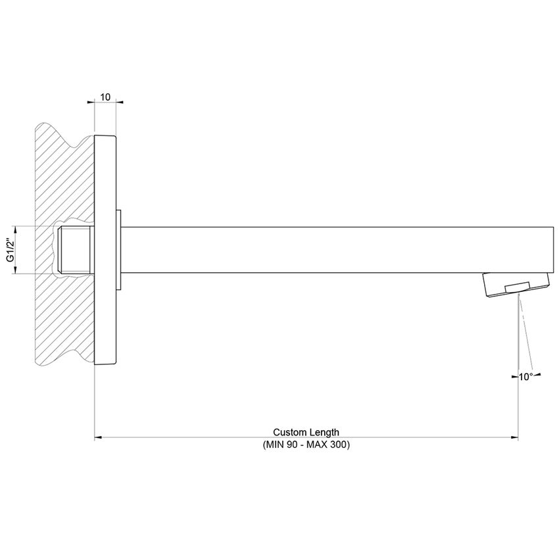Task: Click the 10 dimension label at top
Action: tap(105, 97)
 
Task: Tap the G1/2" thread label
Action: tap(11, 250)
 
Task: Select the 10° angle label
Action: tap(526, 377)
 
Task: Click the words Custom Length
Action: tap(306, 432)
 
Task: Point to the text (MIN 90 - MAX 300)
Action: tap(306, 445)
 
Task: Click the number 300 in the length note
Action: tap(338, 445)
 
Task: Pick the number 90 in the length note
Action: tap(292, 445)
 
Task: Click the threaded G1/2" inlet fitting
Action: tap(76, 250)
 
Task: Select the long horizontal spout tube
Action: tap(329, 250)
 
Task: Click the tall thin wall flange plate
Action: tap(105, 250)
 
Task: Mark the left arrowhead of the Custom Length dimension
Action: tap(98, 437)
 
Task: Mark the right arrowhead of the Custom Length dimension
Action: tap(516, 437)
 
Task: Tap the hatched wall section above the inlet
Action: tap(62, 171)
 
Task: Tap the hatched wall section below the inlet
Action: tap(62, 322)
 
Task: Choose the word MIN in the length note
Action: tap(274, 445)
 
